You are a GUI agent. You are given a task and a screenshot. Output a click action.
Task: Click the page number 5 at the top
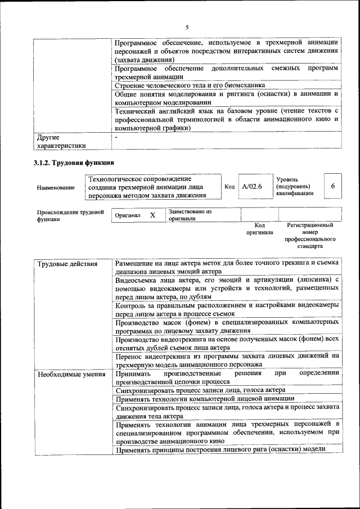pyautogui.click(x=187, y=27)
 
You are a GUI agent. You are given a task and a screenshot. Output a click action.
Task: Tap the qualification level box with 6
pyautogui.click(x=333, y=186)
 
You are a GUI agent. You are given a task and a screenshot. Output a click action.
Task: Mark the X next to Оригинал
pyautogui.click(x=152, y=215)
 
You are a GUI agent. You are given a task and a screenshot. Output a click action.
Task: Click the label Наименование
pyautogui.click(x=56, y=187)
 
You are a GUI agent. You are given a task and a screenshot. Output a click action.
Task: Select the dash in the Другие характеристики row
pyautogui.click(x=116, y=137)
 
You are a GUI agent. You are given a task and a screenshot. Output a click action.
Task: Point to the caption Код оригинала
pyautogui.click(x=259, y=228)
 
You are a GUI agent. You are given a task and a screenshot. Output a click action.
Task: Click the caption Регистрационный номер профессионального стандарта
pyautogui.click(x=310, y=236)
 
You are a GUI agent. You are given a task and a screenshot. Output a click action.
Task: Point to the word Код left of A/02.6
pyautogui.click(x=229, y=187)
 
